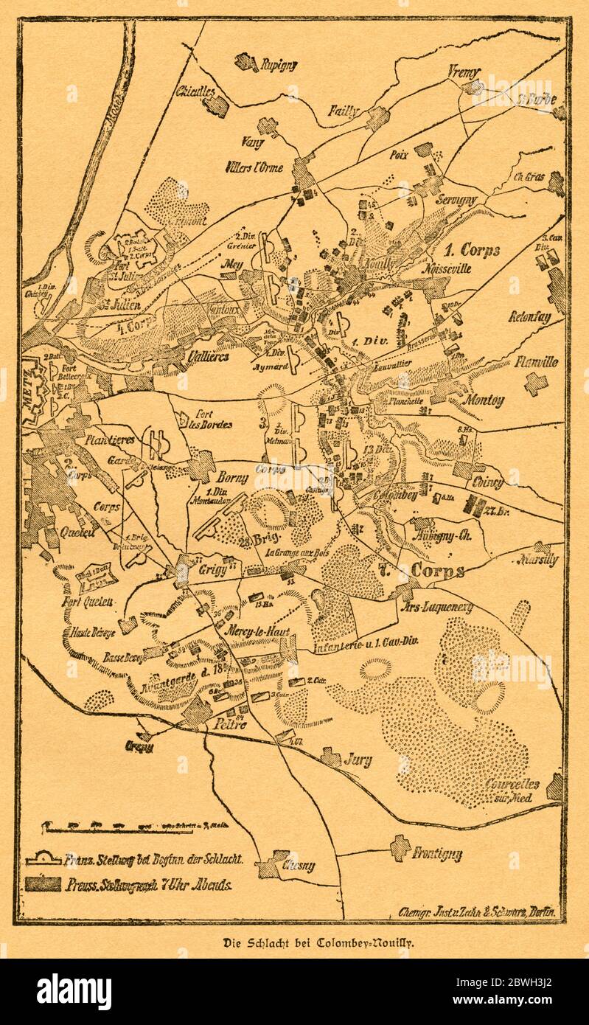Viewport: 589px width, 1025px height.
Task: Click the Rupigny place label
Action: [x=278, y=65]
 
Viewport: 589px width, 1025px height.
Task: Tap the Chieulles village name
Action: [x=195, y=91]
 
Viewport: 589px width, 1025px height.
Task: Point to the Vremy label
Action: [x=464, y=72]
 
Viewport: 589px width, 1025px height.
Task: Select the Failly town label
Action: [x=344, y=112]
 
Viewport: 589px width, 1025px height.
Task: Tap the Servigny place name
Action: [x=461, y=200]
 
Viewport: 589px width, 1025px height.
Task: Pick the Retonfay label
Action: [x=529, y=318]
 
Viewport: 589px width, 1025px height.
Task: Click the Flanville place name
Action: [x=536, y=362]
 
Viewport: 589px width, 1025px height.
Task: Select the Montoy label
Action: [x=484, y=401]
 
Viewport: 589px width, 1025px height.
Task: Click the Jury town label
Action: [x=358, y=760]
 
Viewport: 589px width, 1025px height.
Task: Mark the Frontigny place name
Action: [x=436, y=854]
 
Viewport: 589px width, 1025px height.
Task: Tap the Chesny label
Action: [x=298, y=866]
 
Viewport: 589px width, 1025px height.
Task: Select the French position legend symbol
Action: [x=43, y=859]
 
